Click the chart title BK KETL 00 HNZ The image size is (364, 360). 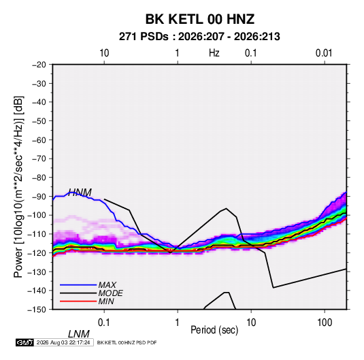coord(200,19)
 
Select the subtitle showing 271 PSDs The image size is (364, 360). coord(199,37)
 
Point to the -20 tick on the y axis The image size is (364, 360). coord(39,65)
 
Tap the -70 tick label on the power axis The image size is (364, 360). coord(39,159)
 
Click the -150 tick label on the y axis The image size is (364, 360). coord(37,310)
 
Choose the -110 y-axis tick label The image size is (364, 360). coord(37,234)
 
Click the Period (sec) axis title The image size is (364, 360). coord(214,330)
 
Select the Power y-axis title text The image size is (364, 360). coord(18,186)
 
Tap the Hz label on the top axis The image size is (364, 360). coord(214,53)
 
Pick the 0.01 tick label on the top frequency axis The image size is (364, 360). coord(324,53)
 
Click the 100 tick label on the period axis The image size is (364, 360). coord(325,323)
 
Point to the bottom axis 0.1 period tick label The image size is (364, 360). coord(103,323)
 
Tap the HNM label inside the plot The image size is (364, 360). coord(80,193)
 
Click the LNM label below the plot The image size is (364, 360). coord(79,334)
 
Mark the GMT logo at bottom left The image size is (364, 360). coord(25,342)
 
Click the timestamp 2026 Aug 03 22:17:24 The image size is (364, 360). coord(63,342)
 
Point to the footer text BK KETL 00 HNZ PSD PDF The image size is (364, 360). coord(127,342)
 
